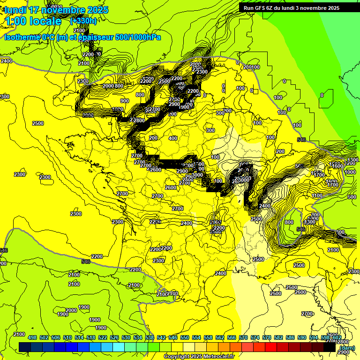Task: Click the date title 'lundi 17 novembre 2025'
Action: click(x=56, y=10)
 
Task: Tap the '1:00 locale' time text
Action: click(x=34, y=21)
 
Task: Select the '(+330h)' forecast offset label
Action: click(x=83, y=21)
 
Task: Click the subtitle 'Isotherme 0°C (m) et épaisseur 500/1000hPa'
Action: click(x=82, y=37)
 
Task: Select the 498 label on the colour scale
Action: click(x=32, y=337)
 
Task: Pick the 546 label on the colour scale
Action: click(x=172, y=337)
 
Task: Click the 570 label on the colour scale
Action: click(x=243, y=337)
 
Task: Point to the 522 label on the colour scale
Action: click(x=103, y=337)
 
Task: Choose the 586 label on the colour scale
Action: click(x=290, y=337)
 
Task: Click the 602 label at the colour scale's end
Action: click(x=337, y=337)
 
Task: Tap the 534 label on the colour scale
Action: click(x=138, y=337)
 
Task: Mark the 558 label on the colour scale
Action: click(x=208, y=337)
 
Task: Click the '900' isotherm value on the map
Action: click(x=124, y=101)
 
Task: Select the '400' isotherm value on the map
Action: click(x=173, y=138)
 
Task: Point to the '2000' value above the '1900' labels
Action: click(x=71, y=310)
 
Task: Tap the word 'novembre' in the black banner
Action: click(x=313, y=7)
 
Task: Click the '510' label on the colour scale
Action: click(x=67, y=337)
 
